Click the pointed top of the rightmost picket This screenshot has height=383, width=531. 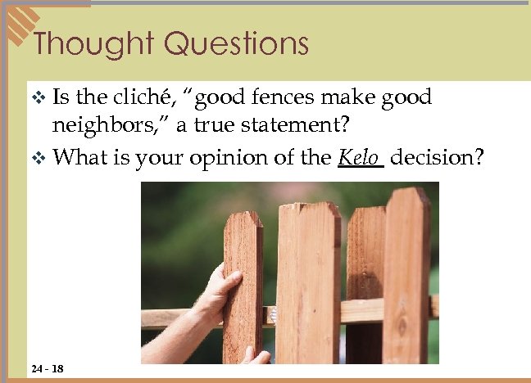tap(407, 194)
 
